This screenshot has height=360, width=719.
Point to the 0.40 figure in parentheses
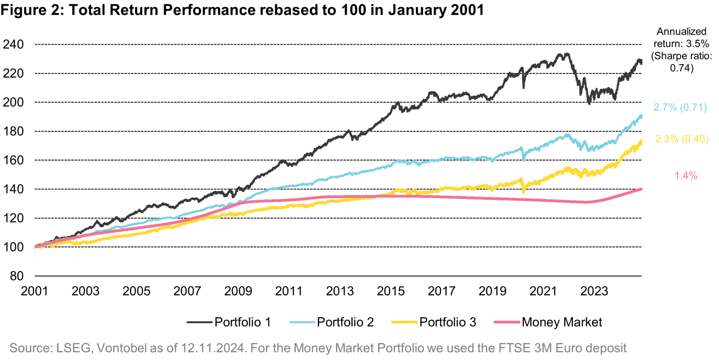pyautogui.click(x=694, y=139)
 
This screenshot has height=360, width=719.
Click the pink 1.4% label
pyautogui.click(x=686, y=175)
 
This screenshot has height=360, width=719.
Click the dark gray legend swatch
pyautogui.click(x=199, y=322)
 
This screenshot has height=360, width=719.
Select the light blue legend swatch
pyautogui.click(x=302, y=322)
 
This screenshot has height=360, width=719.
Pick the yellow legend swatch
pyautogui.click(x=404, y=322)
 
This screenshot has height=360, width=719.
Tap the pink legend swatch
pyautogui.click(x=506, y=322)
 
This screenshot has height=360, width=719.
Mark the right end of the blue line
pyautogui.click(x=642, y=114)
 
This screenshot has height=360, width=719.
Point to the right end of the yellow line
pyautogui.click(x=642, y=140)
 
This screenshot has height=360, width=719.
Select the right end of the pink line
pyautogui.click(x=642, y=188)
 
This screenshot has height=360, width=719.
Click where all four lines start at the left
pyautogui.click(x=36, y=247)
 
